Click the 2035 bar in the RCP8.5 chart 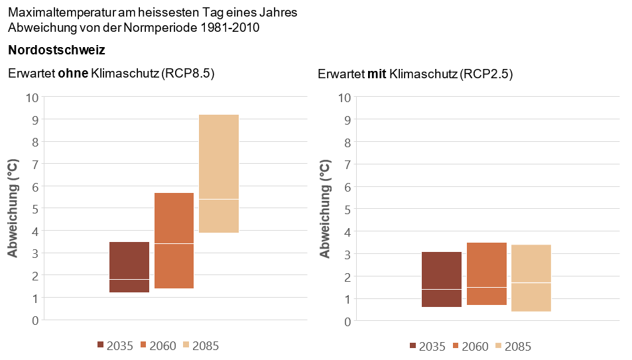(x=129, y=267)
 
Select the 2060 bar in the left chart (x=174, y=240)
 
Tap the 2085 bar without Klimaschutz (x=219, y=173)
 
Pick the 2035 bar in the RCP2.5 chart (x=442, y=279)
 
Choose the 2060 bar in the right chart (x=487, y=273)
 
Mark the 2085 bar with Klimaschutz (x=531, y=278)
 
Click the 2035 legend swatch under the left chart (x=101, y=345)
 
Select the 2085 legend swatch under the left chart (x=186, y=345)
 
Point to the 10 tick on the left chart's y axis (x=32, y=97)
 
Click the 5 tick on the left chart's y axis (x=35, y=209)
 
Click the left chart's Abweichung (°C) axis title (x=13, y=208)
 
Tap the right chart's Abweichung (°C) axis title (x=326, y=209)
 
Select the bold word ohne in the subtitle (x=74, y=74)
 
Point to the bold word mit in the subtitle (x=377, y=74)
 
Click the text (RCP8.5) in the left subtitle (x=188, y=74)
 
